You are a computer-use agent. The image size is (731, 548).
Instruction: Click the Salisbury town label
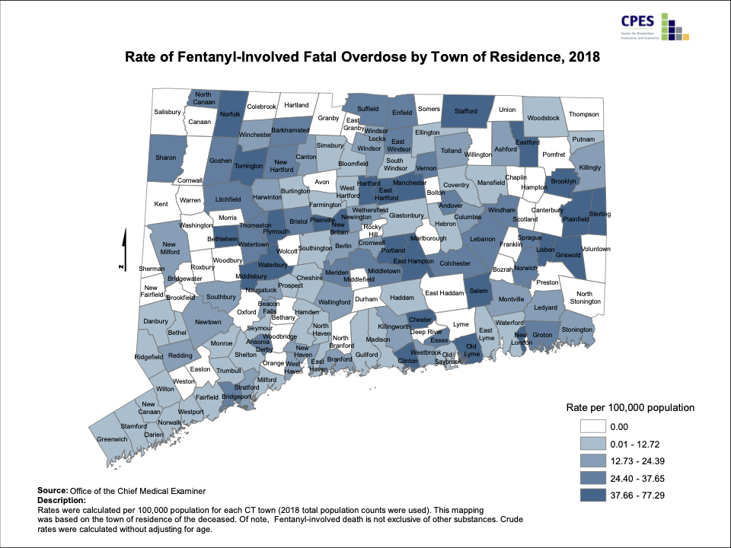168,112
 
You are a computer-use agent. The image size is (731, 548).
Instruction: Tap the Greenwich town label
111,438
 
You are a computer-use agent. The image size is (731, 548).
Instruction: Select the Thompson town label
584,114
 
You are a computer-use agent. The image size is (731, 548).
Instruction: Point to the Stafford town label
465,111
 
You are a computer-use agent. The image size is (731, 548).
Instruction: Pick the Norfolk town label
231,114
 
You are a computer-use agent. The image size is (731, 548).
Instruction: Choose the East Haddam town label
443,293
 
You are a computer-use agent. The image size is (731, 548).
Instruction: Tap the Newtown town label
208,322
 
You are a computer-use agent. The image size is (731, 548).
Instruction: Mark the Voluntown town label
595,249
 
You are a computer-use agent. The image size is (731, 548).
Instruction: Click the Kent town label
161,204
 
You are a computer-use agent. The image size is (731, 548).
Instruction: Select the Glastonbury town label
405,215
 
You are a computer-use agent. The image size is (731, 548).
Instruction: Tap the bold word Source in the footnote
52,491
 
